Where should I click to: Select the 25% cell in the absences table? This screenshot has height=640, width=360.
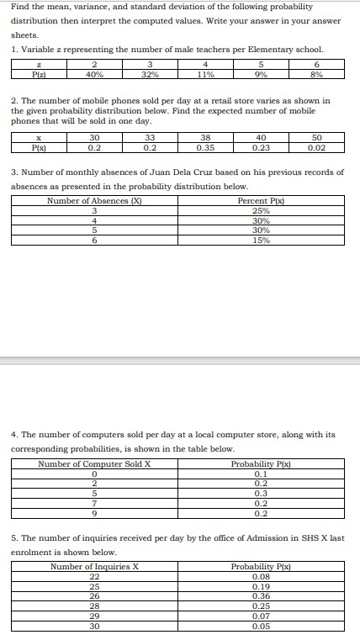[261, 210]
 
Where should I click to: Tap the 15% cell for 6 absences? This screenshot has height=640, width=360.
[261, 241]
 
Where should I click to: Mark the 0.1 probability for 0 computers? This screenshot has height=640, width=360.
[261, 473]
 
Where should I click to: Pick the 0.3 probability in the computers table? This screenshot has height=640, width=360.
[261, 494]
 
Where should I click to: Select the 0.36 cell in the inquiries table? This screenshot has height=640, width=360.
[262, 596]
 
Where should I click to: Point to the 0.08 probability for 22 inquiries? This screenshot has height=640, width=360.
[262, 576]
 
